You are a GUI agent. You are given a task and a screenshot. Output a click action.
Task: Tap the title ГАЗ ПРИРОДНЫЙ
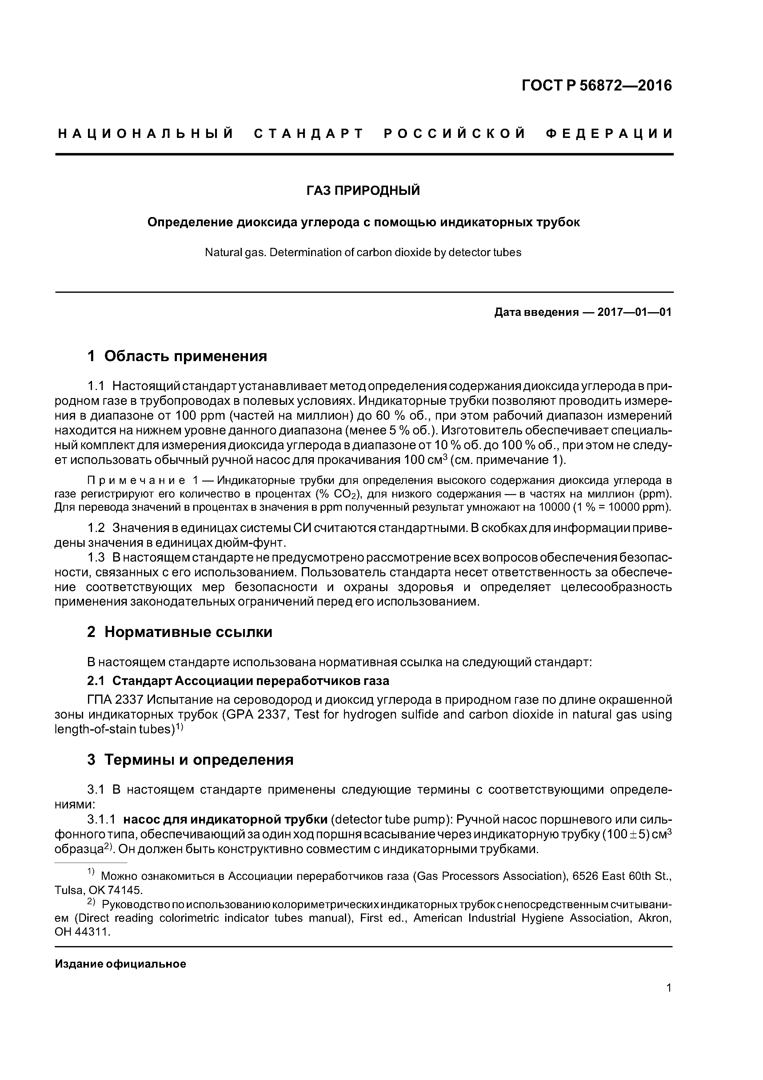pos(363,191)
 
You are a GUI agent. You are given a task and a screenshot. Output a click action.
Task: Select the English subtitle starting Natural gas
pos(363,252)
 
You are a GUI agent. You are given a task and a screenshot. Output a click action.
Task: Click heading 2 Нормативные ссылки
pos(180,632)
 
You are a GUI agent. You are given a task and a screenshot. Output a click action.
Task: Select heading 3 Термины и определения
pos(190,760)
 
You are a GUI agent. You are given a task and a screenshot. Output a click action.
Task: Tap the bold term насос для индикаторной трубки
pos(225,820)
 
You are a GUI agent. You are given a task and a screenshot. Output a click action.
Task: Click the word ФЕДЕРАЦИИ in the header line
pos(610,134)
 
